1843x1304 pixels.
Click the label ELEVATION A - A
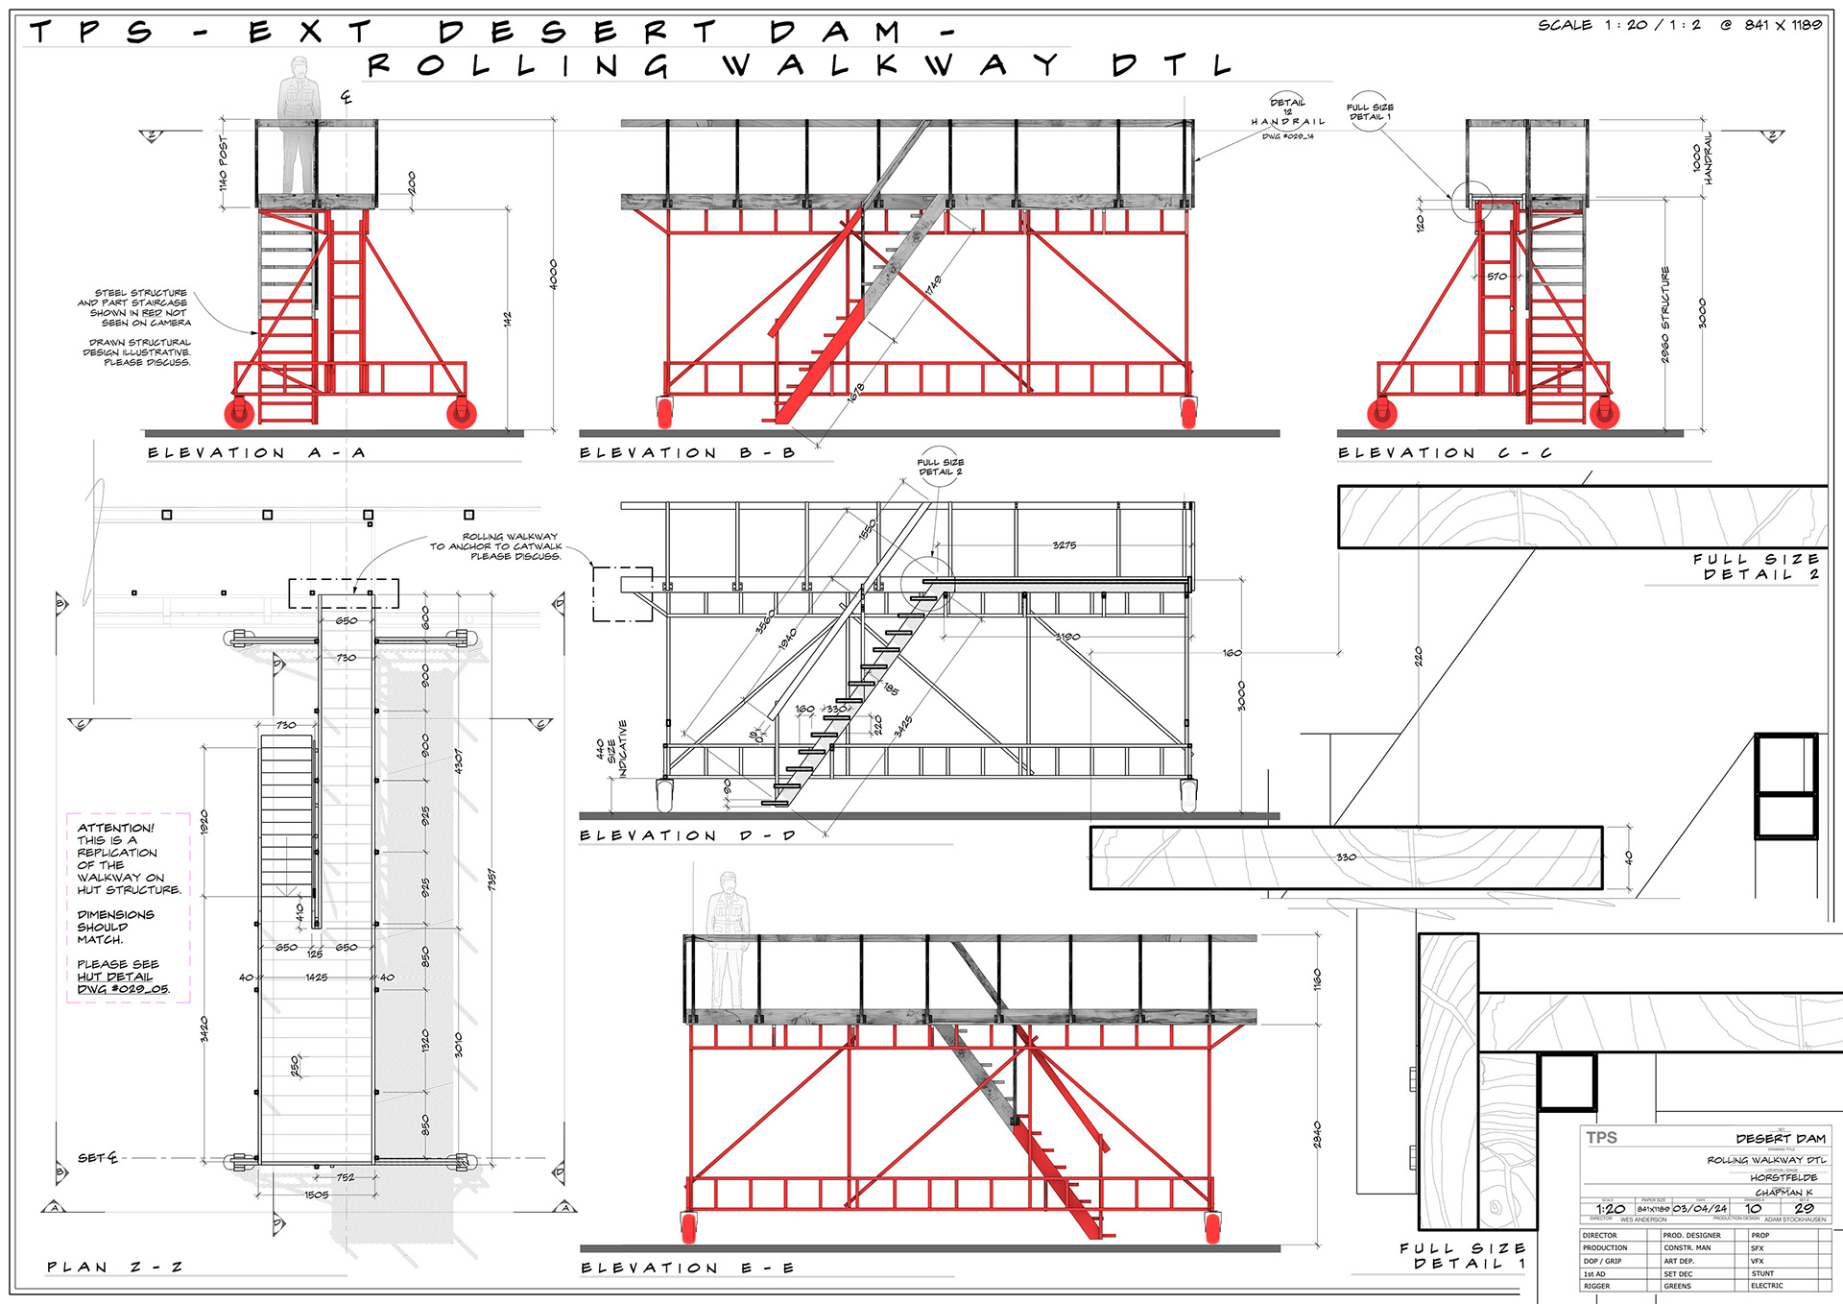(x=256, y=452)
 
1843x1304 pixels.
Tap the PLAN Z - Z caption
(x=114, y=1268)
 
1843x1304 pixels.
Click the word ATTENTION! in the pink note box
(x=115, y=828)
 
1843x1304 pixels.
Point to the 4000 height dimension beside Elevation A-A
(x=553, y=275)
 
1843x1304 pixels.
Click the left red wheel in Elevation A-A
(x=239, y=413)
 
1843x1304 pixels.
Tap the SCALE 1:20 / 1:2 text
(x=1618, y=25)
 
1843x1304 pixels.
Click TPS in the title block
(x=1601, y=1138)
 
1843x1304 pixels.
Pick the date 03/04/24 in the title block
(x=1699, y=1208)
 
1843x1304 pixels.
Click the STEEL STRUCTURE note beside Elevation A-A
(x=140, y=307)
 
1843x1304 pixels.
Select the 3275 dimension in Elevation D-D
(x=1064, y=545)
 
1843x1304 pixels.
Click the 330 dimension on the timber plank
(x=1346, y=857)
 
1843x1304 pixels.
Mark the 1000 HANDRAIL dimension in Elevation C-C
(x=1702, y=158)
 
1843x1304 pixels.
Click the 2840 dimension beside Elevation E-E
(x=1317, y=1134)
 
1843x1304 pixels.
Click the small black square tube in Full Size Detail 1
(x=1568, y=1082)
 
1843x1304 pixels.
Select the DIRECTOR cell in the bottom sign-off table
(x=1600, y=1235)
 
